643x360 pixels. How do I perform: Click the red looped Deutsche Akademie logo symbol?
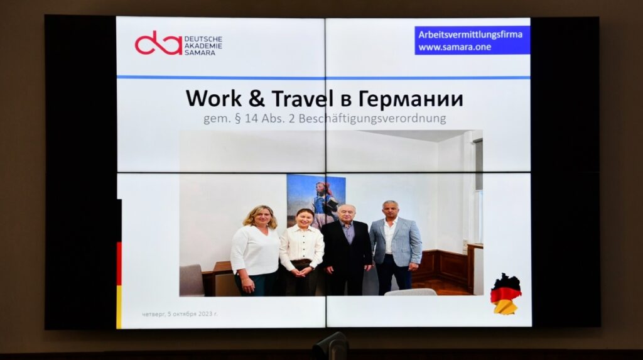tap(158, 43)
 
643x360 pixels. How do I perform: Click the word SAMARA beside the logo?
tap(200, 53)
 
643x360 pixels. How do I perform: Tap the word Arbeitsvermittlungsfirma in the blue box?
tap(470, 35)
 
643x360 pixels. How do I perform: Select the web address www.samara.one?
tap(455, 46)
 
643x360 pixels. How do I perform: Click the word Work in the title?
tap(213, 99)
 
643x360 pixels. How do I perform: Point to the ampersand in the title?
tap(256, 99)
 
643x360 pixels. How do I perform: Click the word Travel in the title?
tap(302, 99)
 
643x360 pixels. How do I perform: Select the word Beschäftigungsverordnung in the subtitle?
tap(372, 119)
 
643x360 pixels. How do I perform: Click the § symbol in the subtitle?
tap(237, 119)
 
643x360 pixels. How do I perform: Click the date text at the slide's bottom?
tap(180, 314)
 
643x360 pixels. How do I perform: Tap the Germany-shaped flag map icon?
tap(506, 293)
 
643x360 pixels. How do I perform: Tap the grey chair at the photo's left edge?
tap(192, 280)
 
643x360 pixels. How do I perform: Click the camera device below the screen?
tap(330, 346)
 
